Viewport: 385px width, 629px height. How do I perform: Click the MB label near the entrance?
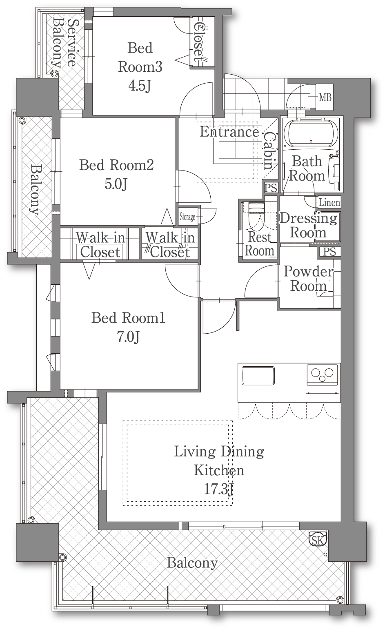coord(325,97)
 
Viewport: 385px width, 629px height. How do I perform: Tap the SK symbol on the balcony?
coord(318,540)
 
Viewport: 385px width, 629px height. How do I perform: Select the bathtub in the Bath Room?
coord(311,134)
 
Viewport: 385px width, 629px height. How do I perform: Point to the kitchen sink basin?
coord(258,375)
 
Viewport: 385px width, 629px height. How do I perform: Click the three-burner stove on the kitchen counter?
coord(323,375)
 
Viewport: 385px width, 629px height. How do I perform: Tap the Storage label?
coord(187,217)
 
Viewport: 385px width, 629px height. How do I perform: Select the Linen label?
coord(329,202)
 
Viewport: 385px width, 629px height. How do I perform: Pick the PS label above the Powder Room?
coord(329,252)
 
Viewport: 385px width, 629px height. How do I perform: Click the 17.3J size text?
coord(219,489)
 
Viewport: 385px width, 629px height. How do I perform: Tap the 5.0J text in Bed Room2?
coord(116,184)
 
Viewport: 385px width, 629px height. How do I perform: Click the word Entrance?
coord(229,132)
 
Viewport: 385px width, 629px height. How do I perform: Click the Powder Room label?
coord(309,279)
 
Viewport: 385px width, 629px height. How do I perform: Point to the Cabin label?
coord(270,151)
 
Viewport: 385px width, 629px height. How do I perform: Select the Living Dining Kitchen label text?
coord(219,461)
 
